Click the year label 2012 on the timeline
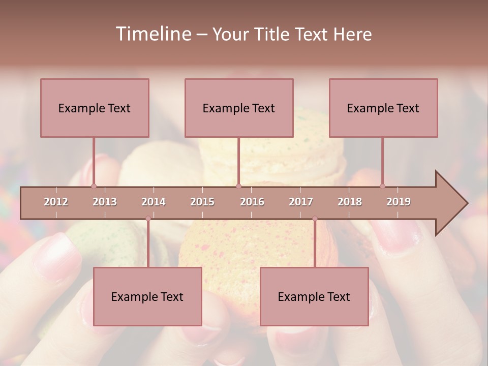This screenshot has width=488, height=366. [x=56, y=202]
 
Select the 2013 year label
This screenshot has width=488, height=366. [x=105, y=202]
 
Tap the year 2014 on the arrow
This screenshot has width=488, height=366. [x=154, y=202]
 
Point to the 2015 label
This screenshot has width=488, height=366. [x=202, y=202]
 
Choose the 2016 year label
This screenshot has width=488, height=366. [x=252, y=202]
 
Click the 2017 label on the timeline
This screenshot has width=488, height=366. [x=301, y=202]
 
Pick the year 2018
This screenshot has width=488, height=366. [x=350, y=202]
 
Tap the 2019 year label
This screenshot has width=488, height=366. [x=399, y=202]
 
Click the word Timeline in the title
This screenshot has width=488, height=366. [x=152, y=34]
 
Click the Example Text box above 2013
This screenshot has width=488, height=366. [x=95, y=108]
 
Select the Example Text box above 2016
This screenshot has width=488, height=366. [x=239, y=108]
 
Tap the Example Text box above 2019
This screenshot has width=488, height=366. [x=383, y=108]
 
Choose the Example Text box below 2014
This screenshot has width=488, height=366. [x=147, y=296]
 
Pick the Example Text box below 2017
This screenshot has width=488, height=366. [x=314, y=296]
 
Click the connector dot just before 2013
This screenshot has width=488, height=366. [x=94, y=186]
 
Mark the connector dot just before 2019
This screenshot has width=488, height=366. [x=382, y=186]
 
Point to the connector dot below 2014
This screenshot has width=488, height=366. [x=148, y=219]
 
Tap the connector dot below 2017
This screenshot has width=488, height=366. [x=315, y=219]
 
